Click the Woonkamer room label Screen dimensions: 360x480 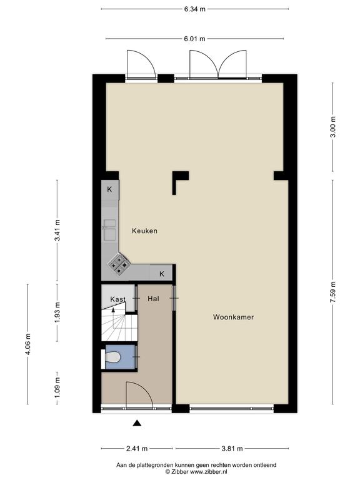pyautogui.click(x=233, y=317)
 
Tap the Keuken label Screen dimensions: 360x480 pyautogui.click(x=144, y=231)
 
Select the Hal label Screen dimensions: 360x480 pyautogui.click(x=153, y=299)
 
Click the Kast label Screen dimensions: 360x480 pyautogui.click(x=118, y=299)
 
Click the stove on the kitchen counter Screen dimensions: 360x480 pyautogui.click(x=119, y=264)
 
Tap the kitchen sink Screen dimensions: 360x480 pyautogui.click(x=109, y=229)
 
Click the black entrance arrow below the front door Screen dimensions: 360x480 pyautogui.click(x=137, y=423)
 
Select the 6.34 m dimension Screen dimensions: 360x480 pyautogui.click(x=195, y=9)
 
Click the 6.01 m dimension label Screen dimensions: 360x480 pyautogui.click(x=195, y=39)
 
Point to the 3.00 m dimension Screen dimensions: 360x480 pyautogui.click(x=333, y=127)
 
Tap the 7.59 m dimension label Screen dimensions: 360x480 pyautogui.click(x=333, y=292)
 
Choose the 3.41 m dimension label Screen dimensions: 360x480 pyautogui.click(x=57, y=230)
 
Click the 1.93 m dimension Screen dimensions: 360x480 pyautogui.click(x=57, y=312)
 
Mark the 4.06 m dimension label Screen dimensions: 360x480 pyautogui.click(x=28, y=344)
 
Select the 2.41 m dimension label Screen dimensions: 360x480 pyautogui.click(x=137, y=449)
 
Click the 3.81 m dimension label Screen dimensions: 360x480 pyautogui.click(x=232, y=449)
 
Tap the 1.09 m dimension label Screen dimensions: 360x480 pyautogui.click(x=57, y=388)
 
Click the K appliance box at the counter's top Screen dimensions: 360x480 pyautogui.click(x=110, y=190)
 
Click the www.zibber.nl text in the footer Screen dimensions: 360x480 pyautogui.click(x=209, y=472)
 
